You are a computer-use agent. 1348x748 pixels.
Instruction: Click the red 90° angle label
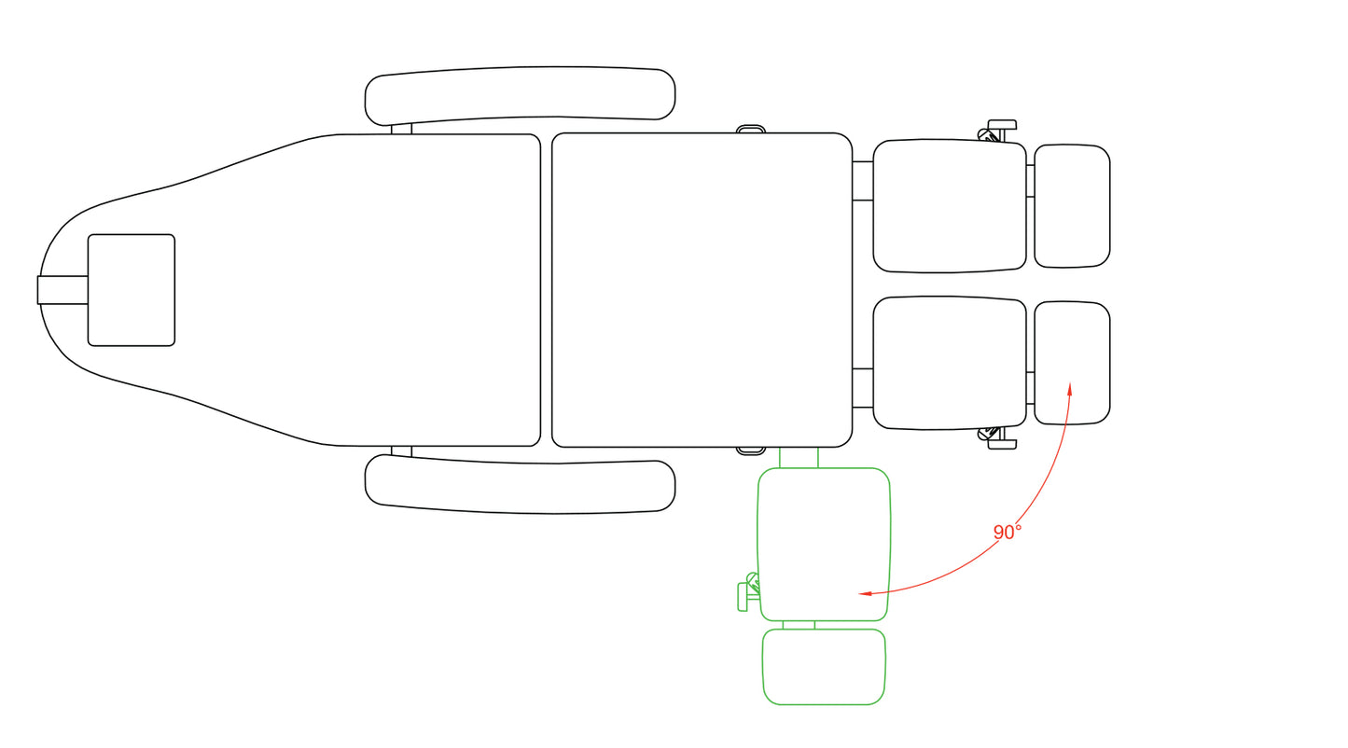(1007, 532)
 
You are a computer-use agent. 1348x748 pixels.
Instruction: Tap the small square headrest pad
(132, 290)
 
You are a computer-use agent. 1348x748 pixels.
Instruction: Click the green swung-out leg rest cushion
(824, 544)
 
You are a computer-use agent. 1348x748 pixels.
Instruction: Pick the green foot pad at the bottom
(824, 667)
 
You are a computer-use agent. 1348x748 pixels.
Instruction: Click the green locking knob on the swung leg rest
(748, 592)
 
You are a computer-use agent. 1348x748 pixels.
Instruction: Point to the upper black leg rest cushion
(950, 206)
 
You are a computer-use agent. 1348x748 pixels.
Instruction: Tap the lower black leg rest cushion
(950, 363)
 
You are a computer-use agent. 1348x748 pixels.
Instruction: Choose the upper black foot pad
(1072, 206)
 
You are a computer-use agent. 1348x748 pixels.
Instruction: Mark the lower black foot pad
(1072, 363)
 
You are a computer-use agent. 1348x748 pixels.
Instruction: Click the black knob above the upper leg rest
(998, 131)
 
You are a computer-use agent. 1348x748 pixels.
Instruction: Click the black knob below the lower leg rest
(998, 438)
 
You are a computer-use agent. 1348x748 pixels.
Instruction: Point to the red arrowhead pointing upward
(1070, 389)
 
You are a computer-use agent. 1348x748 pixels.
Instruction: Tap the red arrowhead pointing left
(866, 593)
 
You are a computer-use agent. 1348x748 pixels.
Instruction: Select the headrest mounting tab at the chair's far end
(63, 290)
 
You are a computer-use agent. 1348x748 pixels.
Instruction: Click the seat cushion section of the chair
(702, 290)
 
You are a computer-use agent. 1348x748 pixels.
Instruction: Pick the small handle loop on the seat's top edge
(751, 129)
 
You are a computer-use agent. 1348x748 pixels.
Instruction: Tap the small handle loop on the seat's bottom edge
(751, 450)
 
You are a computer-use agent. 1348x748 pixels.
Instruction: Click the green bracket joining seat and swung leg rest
(799, 457)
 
